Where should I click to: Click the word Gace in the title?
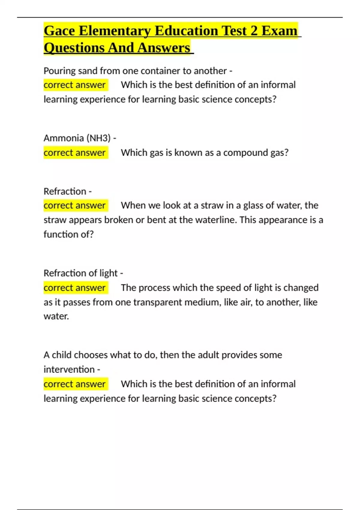59,31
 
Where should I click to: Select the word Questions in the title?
73,48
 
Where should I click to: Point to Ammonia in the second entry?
64,138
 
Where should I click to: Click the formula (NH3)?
99,138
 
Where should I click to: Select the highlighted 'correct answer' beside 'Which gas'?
75,153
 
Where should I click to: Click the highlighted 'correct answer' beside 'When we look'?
75,205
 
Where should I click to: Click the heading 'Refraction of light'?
81,273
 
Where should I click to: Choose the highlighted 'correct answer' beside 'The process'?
75,288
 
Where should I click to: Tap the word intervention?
69,369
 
